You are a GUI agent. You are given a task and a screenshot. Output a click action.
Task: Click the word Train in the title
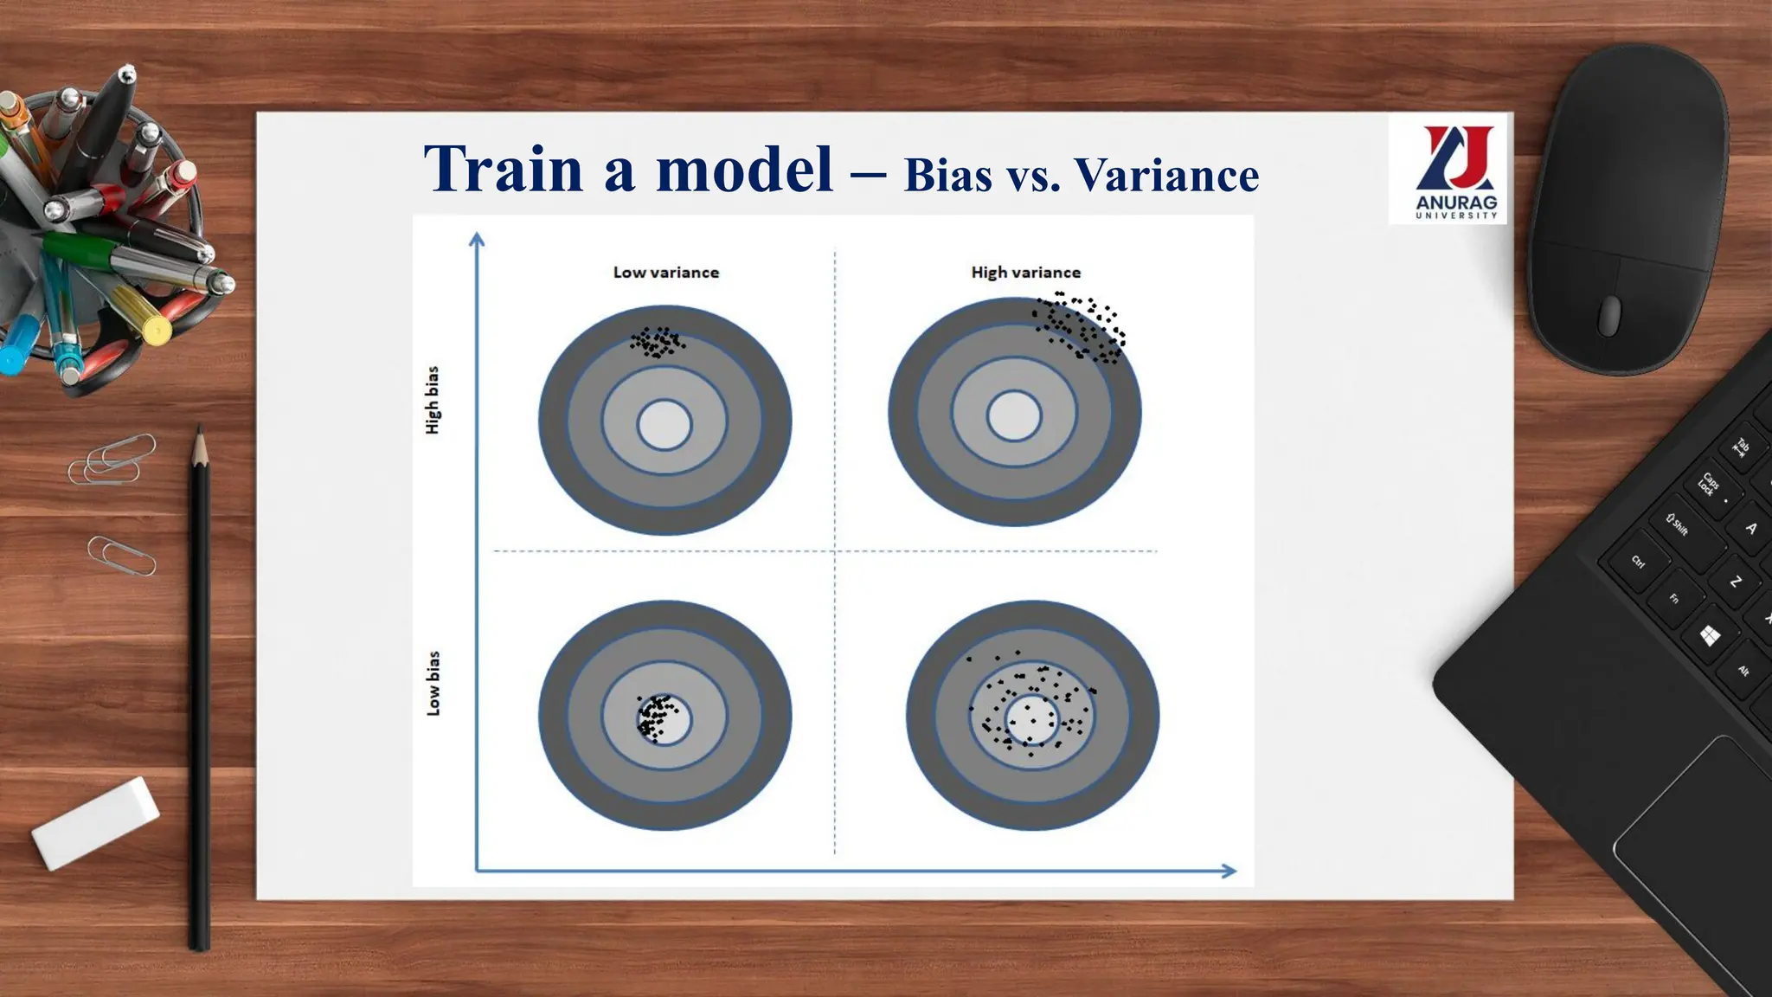(x=504, y=169)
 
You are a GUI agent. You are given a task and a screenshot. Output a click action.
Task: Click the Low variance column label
(x=665, y=273)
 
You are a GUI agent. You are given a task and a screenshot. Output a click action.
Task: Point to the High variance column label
(x=1025, y=273)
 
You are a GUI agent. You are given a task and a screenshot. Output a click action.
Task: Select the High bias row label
(x=432, y=400)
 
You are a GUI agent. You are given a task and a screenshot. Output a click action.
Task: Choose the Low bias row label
(x=433, y=684)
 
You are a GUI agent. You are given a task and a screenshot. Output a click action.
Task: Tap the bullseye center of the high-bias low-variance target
(x=664, y=425)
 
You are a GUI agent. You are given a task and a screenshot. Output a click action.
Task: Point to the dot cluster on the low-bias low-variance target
(x=654, y=717)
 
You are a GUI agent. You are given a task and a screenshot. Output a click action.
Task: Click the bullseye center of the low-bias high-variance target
(x=1031, y=718)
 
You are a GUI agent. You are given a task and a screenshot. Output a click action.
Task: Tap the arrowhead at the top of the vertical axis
(x=477, y=239)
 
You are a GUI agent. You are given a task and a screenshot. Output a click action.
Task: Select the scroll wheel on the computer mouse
(x=1608, y=314)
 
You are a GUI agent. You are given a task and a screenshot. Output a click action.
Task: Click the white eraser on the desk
(x=95, y=822)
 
